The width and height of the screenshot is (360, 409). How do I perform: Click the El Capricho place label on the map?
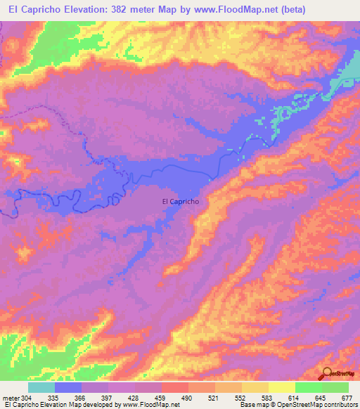(x=181, y=201)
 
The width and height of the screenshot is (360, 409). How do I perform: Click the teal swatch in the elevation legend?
(x=41, y=387)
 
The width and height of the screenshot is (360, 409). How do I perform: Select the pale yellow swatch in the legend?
(x=281, y=387)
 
